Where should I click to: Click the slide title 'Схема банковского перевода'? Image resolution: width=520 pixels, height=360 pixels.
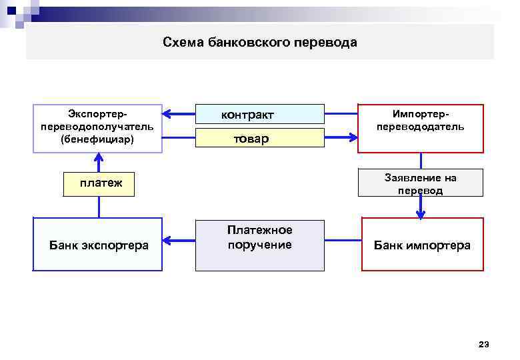pos(260,43)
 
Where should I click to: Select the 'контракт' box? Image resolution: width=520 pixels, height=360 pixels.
pos(259,115)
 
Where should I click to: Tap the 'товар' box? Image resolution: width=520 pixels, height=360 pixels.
pos(259,139)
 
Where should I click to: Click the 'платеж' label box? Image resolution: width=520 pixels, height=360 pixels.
pos(99,183)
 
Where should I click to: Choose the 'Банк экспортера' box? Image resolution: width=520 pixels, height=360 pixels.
pos(97,245)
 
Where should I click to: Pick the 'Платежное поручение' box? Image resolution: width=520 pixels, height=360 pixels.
pos(259,245)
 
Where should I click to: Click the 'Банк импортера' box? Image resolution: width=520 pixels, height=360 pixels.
pos(421,245)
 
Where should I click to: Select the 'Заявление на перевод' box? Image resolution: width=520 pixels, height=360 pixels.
pos(420,183)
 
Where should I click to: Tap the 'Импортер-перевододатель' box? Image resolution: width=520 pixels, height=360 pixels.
pos(420,128)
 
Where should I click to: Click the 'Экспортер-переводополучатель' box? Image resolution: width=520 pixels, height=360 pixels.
pos(97,128)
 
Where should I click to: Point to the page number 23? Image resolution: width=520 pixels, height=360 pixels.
pos(483,345)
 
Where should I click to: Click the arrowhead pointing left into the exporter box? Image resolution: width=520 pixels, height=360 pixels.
pos(169,114)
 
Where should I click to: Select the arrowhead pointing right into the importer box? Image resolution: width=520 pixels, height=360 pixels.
pos(351,138)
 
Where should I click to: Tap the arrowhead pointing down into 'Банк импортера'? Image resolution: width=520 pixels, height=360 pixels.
pos(421,214)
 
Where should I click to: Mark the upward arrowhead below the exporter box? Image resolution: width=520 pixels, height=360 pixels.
pos(99,159)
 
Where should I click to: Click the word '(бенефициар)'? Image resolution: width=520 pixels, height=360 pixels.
pos(97,140)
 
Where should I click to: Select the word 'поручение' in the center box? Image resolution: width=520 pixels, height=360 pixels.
pos(259,245)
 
